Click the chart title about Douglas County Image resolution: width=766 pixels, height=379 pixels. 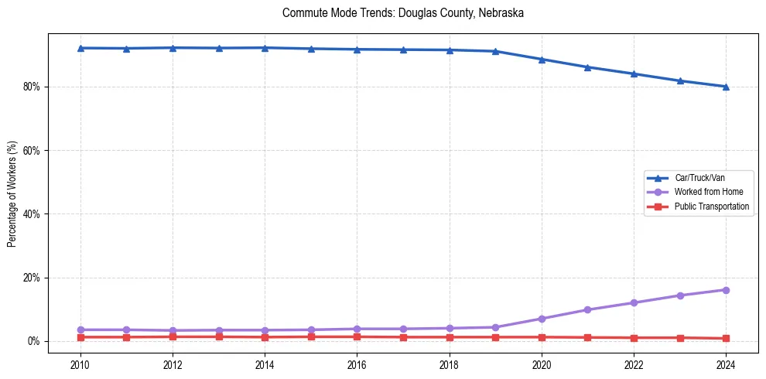(403, 13)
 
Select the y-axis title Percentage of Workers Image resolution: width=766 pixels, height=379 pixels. (12, 193)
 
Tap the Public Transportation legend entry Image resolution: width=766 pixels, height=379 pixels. (711, 207)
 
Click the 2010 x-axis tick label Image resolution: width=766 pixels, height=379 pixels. (80, 364)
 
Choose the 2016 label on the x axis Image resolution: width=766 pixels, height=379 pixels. (357, 364)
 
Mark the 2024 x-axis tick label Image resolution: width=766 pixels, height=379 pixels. (726, 364)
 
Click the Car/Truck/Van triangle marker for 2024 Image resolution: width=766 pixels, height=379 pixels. (726, 87)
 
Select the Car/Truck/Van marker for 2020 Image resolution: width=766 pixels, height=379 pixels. (542, 60)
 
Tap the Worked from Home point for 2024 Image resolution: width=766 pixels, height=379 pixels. (726, 290)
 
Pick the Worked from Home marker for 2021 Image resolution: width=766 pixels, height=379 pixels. (587, 309)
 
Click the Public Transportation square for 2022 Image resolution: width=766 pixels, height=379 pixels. (634, 338)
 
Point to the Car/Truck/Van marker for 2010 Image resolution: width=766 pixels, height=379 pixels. (80, 48)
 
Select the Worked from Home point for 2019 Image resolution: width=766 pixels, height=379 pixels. (495, 327)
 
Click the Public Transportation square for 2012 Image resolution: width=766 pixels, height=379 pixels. (173, 336)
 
